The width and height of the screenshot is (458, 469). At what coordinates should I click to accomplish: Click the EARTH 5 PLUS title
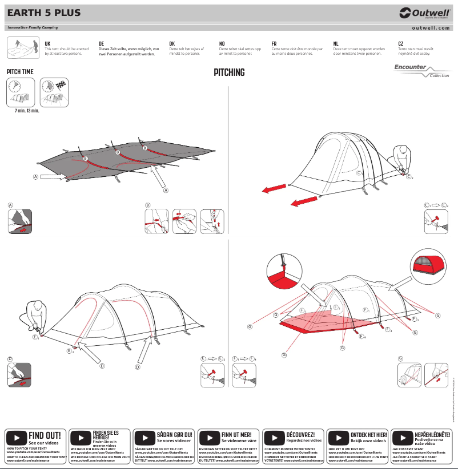pyautogui.click(x=44, y=13)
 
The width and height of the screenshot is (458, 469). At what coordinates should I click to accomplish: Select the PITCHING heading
pyautogui.click(x=229, y=72)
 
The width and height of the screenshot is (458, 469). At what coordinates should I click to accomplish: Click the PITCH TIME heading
pyautogui.click(x=19, y=72)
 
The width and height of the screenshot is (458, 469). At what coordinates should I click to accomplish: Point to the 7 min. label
pyautogui.click(x=21, y=110)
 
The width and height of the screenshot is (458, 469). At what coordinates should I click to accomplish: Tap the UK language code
pyautogui.click(x=47, y=43)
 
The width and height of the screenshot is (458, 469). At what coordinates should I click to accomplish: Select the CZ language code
pyautogui.click(x=401, y=43)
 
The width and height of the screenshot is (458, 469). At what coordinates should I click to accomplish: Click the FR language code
pyautogui.click(x=274, y=43)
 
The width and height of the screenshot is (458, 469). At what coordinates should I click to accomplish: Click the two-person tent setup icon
pyautogui.click(x=22, y=47)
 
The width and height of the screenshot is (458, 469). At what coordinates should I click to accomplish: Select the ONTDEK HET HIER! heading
pyautogui.click(x=369, y=435)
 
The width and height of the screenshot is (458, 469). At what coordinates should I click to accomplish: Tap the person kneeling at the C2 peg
pyautogui.click(x=400, y=159)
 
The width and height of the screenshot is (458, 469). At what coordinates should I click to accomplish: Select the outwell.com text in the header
pyautogui.click(x=431, y=28)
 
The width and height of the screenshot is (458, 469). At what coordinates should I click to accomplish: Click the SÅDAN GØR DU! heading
pyautogui.click(x=174, y=435)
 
